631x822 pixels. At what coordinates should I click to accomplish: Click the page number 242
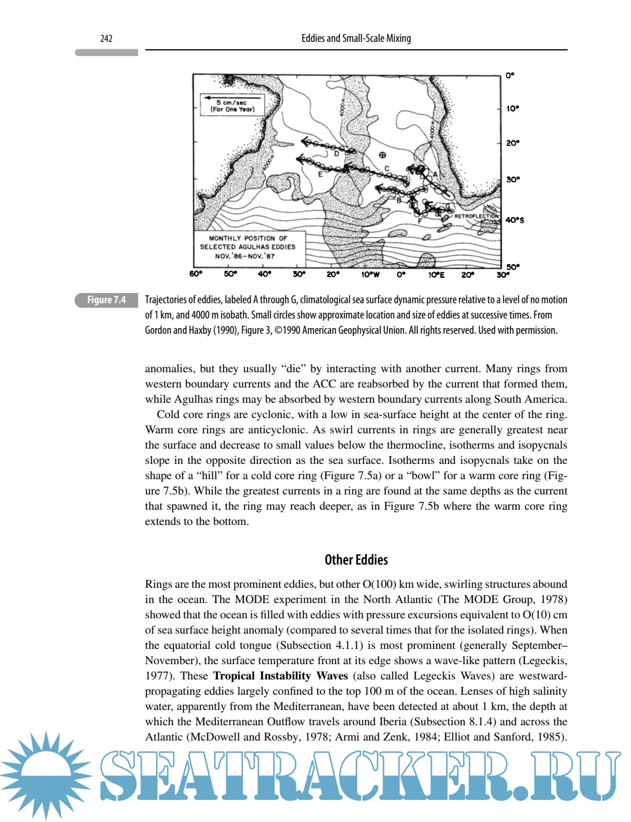[106, 38]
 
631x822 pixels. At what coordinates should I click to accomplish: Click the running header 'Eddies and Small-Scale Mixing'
[356, 38]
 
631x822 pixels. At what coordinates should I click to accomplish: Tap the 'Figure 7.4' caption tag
[106, 300]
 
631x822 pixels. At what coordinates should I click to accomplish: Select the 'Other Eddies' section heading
[356, 560]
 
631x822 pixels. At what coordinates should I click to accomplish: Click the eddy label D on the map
[336, 154]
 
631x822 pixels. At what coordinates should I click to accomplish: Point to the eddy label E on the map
[320, 174]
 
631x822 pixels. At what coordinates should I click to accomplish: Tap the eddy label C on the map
[387, 169]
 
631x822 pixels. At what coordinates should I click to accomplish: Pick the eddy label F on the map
[420, 221]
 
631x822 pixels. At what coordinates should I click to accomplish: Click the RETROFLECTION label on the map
[477, 216]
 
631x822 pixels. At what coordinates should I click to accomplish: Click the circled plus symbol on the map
[383, 155]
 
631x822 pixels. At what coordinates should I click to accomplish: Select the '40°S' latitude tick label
[514, 220]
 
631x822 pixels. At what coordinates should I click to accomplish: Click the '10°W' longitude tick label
[370, 275]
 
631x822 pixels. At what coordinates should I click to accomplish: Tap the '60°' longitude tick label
[196, 274]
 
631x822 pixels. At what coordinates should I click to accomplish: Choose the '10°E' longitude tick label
[436, 275]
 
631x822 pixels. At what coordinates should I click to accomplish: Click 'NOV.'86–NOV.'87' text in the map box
[245, 256]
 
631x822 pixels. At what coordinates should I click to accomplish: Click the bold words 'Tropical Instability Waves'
[280, 676]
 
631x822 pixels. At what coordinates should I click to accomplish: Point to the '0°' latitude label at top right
[510, 75]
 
